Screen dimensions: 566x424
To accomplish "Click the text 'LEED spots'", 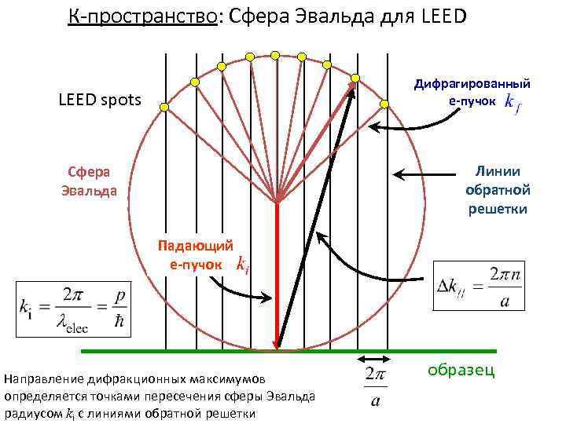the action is coord(100,100).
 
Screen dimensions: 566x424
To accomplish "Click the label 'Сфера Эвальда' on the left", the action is coord(88,181).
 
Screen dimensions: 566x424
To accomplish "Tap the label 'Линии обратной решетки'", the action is coord(498,190).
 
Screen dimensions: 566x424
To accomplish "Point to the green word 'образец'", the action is coord(461,370).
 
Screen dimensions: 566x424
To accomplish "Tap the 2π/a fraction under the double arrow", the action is coord(375,389).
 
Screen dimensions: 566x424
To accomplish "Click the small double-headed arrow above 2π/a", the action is coord(375,360).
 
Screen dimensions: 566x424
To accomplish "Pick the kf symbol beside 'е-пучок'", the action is coord(511,102).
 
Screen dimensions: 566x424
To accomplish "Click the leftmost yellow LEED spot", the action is coord(164,106).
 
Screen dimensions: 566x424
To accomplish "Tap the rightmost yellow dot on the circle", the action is coord(384,104).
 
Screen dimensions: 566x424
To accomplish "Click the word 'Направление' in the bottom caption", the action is coord(40,379).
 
